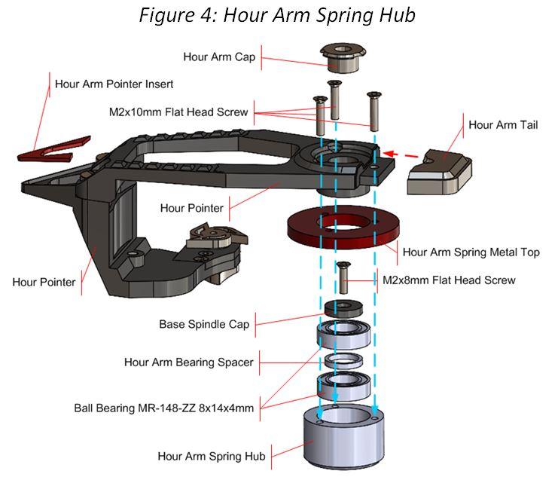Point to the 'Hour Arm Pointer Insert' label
114,84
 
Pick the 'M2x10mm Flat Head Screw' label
178,112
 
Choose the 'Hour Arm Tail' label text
503,124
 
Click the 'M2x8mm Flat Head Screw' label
449,280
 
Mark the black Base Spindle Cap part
345,307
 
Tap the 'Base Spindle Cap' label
203,325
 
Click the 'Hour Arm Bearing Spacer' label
188,362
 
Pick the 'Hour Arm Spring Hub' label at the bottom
212,456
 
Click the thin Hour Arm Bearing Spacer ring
345,359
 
